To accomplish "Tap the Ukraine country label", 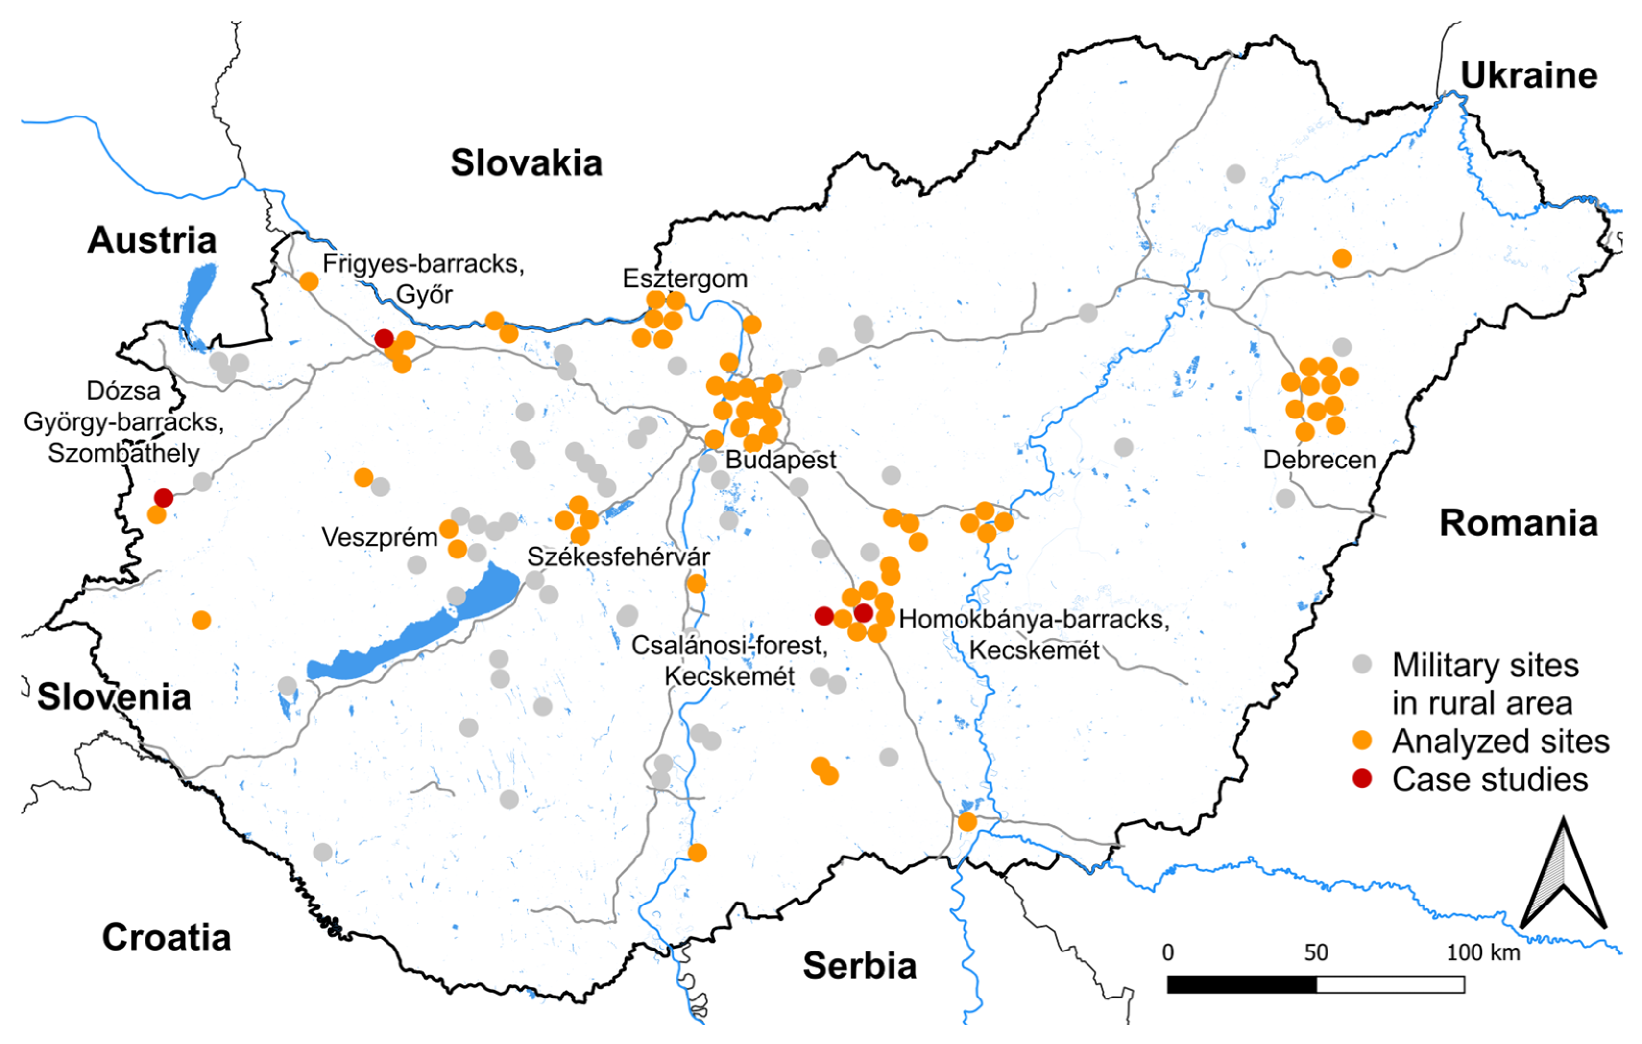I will coord(1528,76).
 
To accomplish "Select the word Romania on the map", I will coord(1518,523).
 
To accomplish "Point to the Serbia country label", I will coord(859,966).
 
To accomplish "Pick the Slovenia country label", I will coord(114,696).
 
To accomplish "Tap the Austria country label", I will coord(151,240).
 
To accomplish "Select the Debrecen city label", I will coord(1319,460).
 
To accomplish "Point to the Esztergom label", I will coord(685,278).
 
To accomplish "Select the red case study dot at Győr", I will coord(384,338).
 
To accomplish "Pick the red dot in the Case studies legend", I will coord(1362,778).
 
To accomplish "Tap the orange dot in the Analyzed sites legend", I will coord(1362,741).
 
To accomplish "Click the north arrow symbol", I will coord(1563,876).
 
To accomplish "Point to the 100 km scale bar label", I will coord(1483,952).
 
